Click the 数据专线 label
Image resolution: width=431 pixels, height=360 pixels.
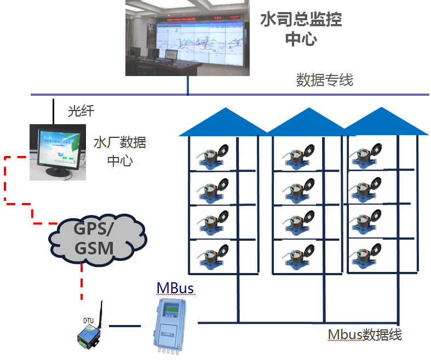click(325, 80)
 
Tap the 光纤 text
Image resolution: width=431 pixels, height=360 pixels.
click(81, 111)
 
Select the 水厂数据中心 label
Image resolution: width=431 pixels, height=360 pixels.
click(120, 152)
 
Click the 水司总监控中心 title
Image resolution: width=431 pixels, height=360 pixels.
click(301, 30)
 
